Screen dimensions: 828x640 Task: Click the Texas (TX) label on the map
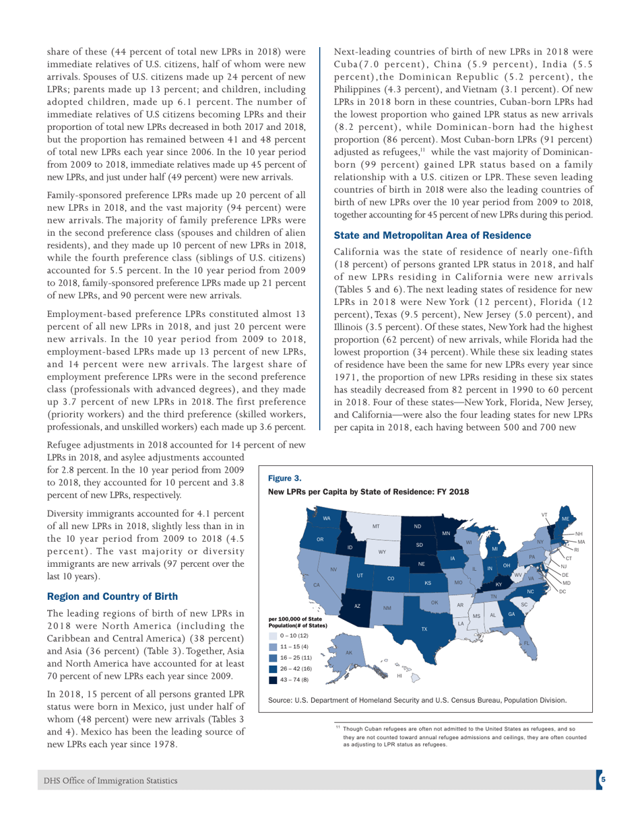tap(424, 629)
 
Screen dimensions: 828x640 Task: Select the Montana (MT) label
tap(377, 525)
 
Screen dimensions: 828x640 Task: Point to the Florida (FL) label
tap(526, 644)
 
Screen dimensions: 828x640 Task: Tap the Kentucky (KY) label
tap(499, 585)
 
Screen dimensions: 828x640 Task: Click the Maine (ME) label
tap(565, 519)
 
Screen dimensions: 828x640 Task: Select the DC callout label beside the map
tap(563, 591)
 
